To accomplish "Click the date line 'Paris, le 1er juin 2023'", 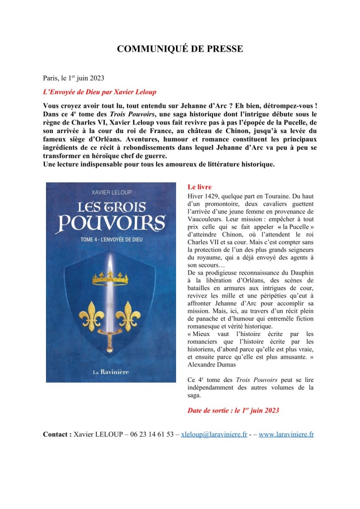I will (x=74, y=78).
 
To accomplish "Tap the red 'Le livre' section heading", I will (x=200, y=187).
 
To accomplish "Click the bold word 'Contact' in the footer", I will (x=57, y=434).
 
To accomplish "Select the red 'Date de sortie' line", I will (x=233, y=410).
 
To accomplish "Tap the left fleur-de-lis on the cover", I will (x=92, y=313).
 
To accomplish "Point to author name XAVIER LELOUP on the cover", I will (x=111, y=192).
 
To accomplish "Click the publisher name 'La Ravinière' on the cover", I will (x=111, y=371).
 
